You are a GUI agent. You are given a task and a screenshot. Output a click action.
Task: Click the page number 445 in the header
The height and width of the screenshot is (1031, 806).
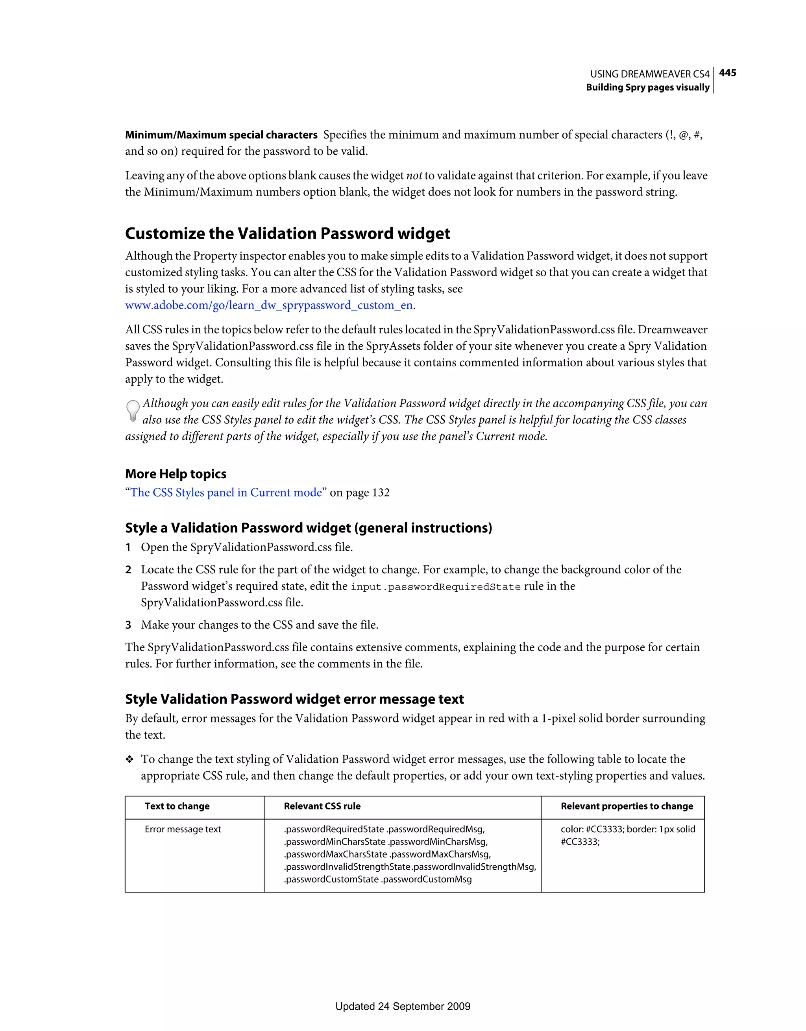pos(727,73)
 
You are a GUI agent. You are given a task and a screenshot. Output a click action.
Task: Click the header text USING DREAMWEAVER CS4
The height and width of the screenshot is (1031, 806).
pos(649,74)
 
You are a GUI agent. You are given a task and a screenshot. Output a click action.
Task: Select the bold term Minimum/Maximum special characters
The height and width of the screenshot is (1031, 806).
pos(221,135)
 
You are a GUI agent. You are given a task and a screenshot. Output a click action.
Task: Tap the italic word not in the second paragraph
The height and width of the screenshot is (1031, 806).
pos(414,176)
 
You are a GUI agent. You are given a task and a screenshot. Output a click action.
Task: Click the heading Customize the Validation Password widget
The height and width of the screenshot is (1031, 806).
pos(288,234)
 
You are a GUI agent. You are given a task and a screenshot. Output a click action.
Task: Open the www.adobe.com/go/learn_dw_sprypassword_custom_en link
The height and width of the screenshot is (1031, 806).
pos(269,305)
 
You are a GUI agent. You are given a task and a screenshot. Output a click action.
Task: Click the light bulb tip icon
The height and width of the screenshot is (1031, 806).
pos(133,411)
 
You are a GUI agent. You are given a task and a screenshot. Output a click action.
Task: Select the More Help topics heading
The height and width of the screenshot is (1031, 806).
pos(176,474)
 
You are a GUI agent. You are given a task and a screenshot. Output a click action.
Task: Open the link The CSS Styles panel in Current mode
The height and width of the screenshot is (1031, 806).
pos(226,493)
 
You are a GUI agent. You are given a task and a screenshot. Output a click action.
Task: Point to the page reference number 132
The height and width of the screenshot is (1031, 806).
pos(381,493)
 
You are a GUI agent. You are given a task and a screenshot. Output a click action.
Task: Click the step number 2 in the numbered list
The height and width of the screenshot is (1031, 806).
pos(128,570)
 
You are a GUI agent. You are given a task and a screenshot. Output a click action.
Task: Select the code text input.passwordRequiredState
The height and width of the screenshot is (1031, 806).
pos(435,587)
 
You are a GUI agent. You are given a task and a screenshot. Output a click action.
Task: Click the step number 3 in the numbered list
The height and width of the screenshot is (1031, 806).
pos(128,625)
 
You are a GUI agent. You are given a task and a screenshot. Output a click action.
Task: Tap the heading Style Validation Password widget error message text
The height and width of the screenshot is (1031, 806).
pos(294,699)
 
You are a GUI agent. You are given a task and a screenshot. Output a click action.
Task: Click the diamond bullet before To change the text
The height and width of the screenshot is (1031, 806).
pos(129,759)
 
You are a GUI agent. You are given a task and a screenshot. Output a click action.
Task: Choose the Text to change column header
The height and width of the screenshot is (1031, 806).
pos(177,806)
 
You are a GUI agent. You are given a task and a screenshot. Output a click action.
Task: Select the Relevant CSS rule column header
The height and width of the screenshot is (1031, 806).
pos(322,806)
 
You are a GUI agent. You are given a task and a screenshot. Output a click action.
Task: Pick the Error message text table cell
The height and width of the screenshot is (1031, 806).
pos(183,830)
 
